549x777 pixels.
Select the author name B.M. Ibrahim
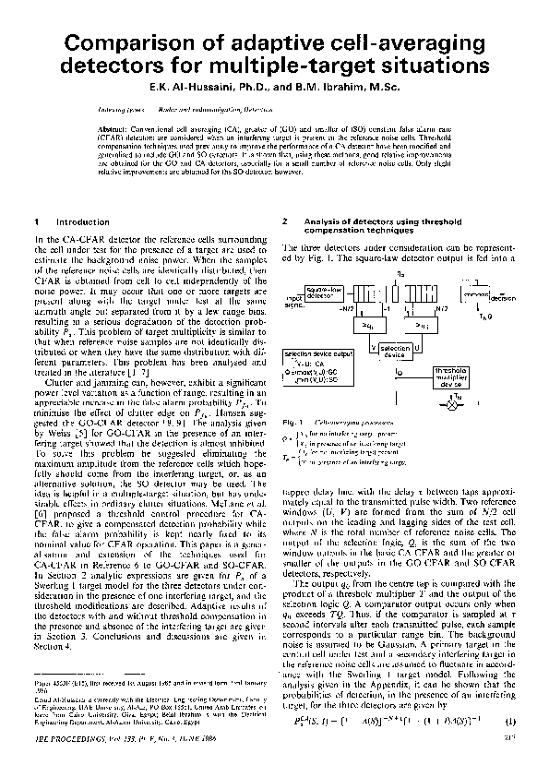coord(340,88)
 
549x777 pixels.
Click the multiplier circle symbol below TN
coord(452,404)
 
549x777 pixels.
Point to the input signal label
coord(293,300)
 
